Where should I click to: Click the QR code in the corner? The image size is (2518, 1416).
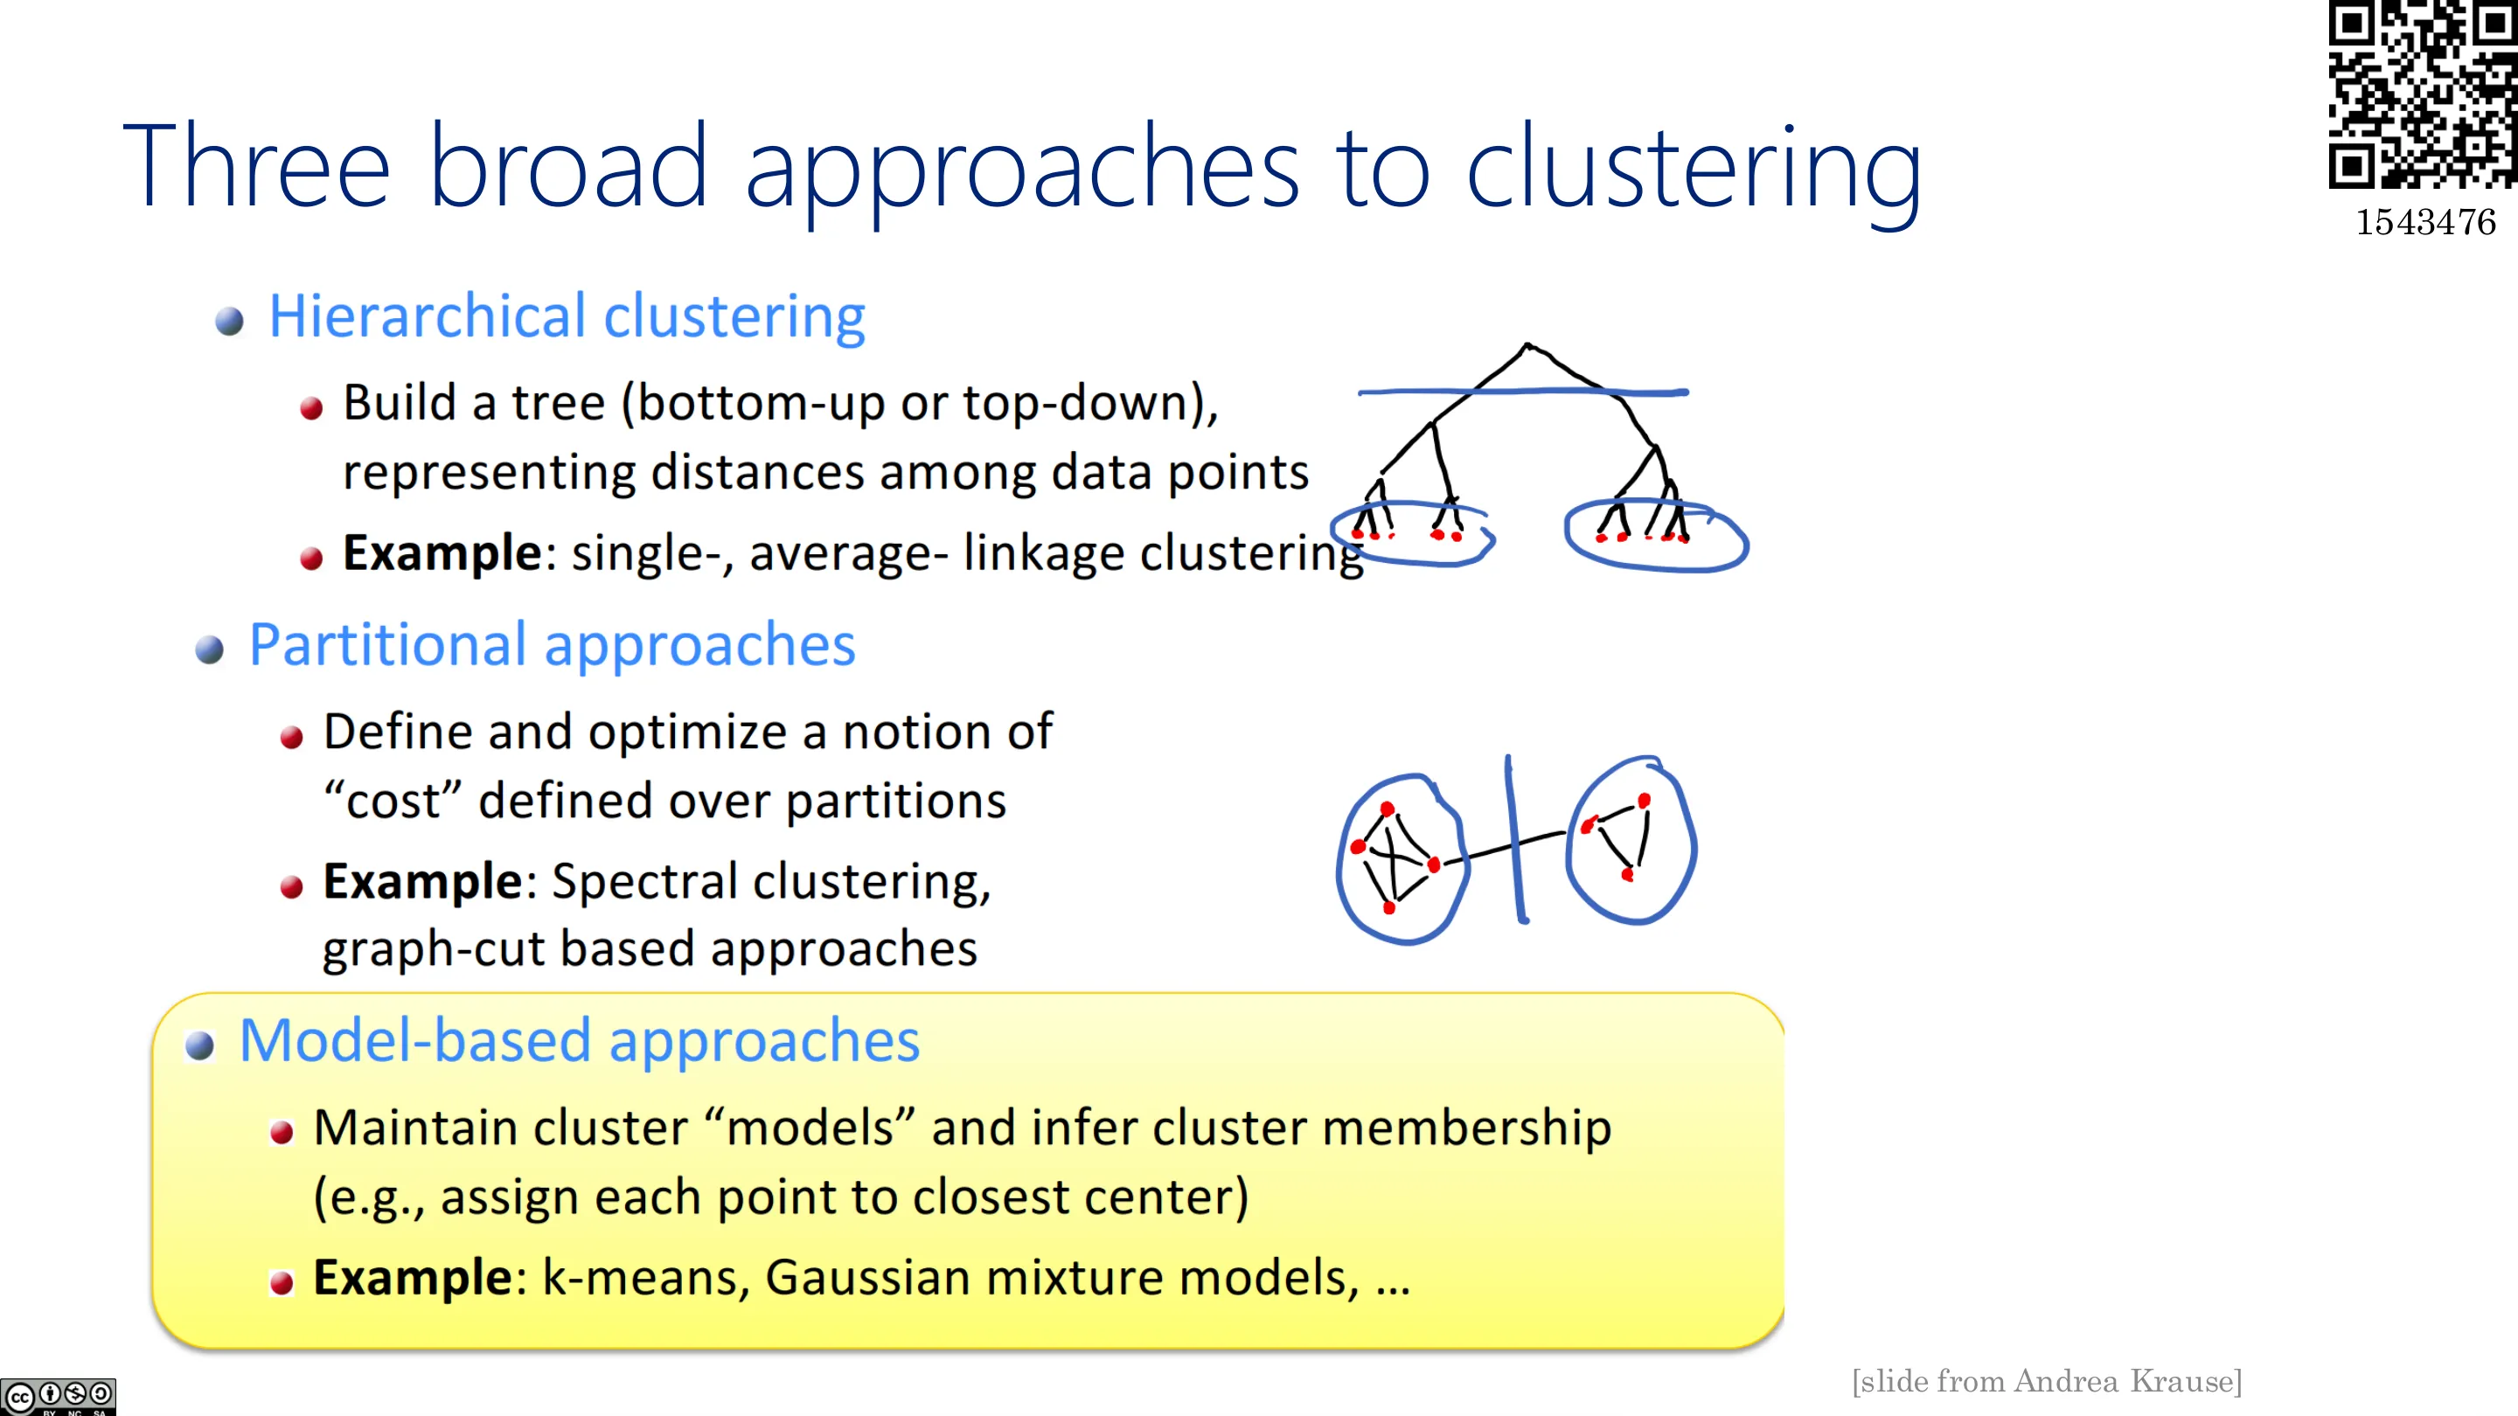coord(2422,94)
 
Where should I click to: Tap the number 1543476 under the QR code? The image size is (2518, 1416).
coord(2425,223)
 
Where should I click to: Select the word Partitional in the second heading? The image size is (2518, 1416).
coord(388,645)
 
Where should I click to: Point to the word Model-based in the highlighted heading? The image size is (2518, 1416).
coord(415,1040)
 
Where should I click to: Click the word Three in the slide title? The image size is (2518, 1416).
coord(256,165)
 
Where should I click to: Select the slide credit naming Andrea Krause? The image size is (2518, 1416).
coord(2047,1381)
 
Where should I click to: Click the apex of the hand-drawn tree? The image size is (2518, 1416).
coord(1527,344)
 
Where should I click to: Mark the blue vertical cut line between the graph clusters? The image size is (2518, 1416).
coord(1515,838)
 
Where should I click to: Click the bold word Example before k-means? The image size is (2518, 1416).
coord(413,1276)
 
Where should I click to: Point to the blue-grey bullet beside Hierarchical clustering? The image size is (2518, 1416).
coord(230,321)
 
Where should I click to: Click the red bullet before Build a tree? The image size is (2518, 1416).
coord(312,408)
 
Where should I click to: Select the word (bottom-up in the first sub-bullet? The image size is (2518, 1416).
coord(755,403)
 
